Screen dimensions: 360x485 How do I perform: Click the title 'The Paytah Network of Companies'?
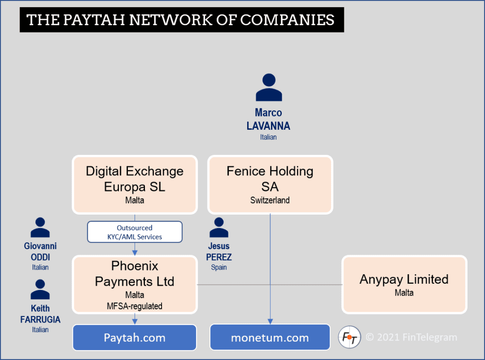pos(181,20)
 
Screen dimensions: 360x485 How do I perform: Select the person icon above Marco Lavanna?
pos(269,88)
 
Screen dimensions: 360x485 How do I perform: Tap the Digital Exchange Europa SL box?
pos(135,184)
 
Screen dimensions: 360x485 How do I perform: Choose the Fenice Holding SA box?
pos(270,184)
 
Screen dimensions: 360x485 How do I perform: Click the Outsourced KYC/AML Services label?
pos(135,232)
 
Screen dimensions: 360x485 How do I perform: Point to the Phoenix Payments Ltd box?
pos(135,284)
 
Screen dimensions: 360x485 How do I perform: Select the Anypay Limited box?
pos(404,284)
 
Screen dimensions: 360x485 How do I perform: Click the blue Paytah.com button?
pos(135,337)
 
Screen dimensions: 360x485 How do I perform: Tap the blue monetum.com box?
pos(270,337)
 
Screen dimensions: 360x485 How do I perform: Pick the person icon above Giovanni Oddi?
pos(40,228)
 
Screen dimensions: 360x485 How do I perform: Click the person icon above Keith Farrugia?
pos(40,290)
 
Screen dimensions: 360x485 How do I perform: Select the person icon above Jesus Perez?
pos(219,228)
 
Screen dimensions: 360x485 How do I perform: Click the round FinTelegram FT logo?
pos(350,337)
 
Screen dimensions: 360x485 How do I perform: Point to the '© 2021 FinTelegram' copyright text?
pos(411,337)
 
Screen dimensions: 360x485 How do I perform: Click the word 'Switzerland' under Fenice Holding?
pos(270,200)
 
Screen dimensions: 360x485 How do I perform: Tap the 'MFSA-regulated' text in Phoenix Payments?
pos(135,306)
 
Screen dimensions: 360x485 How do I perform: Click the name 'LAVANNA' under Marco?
pos(268,126)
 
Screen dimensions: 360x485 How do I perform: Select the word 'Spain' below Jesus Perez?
pos(219,267)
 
